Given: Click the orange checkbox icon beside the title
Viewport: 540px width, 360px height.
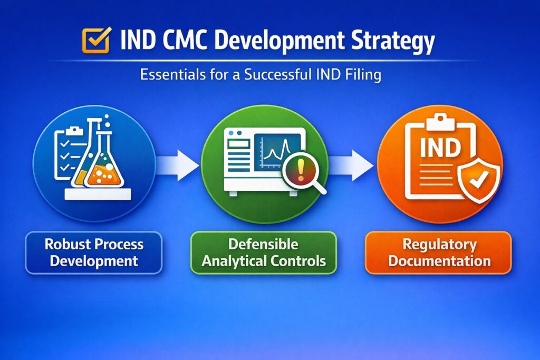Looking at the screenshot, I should pyautogui.click(x=96, y=40).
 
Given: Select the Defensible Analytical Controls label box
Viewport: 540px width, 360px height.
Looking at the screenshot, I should pyautogui.click(x=263, y=252).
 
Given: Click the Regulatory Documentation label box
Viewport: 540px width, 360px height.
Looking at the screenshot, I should pyautogui.click(x=438, y=252).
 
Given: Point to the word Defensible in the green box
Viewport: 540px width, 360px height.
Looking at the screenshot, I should pyautogui.click(x=263, y=244).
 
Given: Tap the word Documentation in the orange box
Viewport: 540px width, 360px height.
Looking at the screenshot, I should pyautogui.click(x=438, y=261).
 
